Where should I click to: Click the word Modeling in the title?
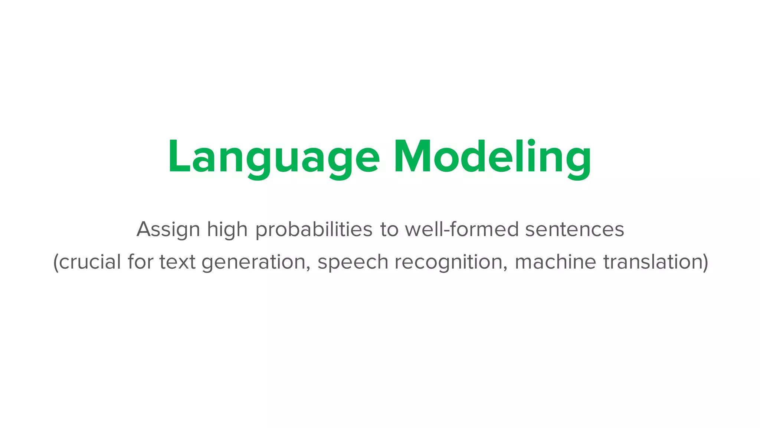[x=492, y=158]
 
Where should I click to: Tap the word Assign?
[x=168, y=230]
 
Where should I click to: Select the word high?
[x=227, y=230]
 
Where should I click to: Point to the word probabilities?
[x=314, y=230]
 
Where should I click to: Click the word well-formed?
[x=462, y=229]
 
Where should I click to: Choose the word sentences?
[x=574, y=229]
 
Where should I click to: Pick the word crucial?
[x=90, y=262]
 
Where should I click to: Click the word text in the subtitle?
[x=177, y=262]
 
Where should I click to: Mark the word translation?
[x=652, y=262]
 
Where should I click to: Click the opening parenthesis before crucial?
[x=56, y=262]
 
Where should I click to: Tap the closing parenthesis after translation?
[x=705, y=262]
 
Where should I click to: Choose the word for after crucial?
[x=140, y=262]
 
